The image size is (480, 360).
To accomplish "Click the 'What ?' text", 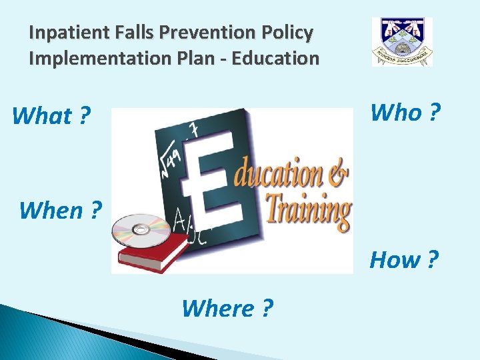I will pos(51,116).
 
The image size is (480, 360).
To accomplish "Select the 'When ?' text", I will pos(60,210).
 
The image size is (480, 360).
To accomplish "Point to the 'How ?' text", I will pos(404,259).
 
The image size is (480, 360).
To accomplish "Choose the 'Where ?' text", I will pos(227,308).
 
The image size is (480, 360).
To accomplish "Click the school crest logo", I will pos(402,41).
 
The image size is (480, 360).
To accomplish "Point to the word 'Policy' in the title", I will pos(289,32).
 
